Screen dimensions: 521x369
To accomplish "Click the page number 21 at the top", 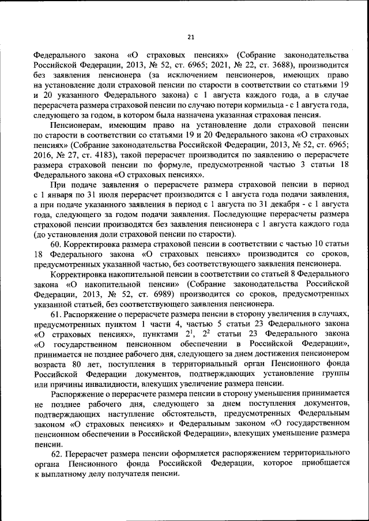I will tap(190, 38).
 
